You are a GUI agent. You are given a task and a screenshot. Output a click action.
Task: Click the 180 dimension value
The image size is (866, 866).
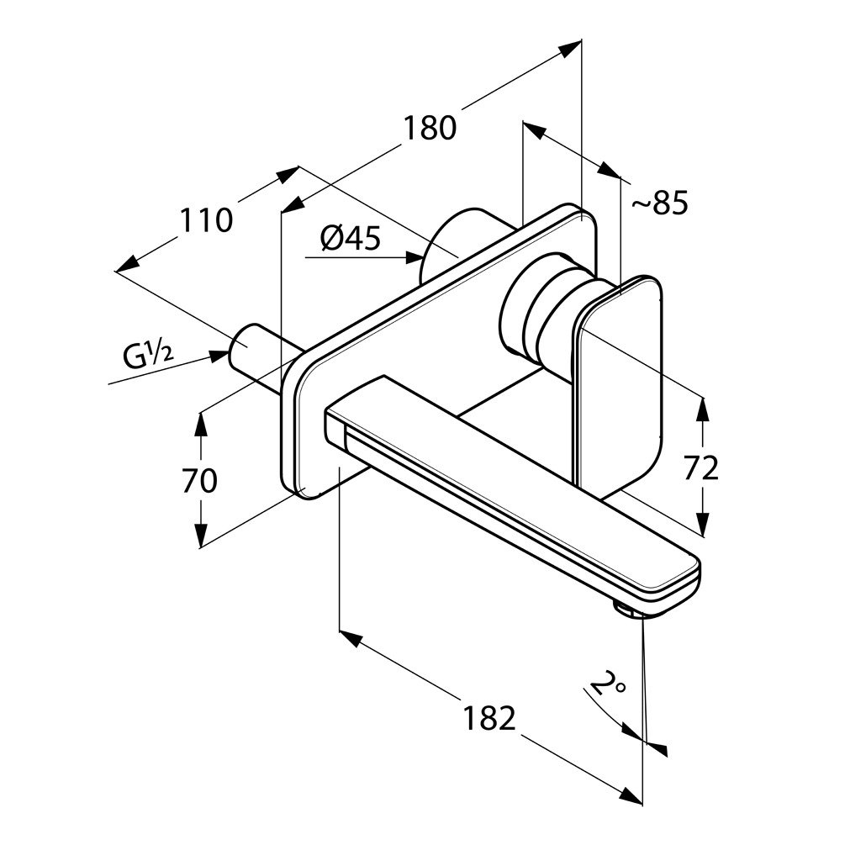(x=429, y=128)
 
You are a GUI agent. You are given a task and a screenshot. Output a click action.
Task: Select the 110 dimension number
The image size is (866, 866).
(x=205, y=220)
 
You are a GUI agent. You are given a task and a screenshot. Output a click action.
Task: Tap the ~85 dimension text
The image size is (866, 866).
(x=659, y=203)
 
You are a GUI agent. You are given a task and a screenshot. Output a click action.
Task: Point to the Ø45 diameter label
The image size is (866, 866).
(x=350, y=240)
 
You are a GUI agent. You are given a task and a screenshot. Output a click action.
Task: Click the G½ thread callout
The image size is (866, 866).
(x=148, y=357)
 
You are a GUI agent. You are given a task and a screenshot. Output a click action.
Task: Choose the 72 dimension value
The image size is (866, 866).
(x=701, y=467)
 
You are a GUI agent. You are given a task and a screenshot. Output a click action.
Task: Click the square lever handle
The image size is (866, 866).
(x=619, y=383)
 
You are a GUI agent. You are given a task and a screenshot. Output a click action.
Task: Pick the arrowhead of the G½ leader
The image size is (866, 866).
(x=220, y=355)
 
